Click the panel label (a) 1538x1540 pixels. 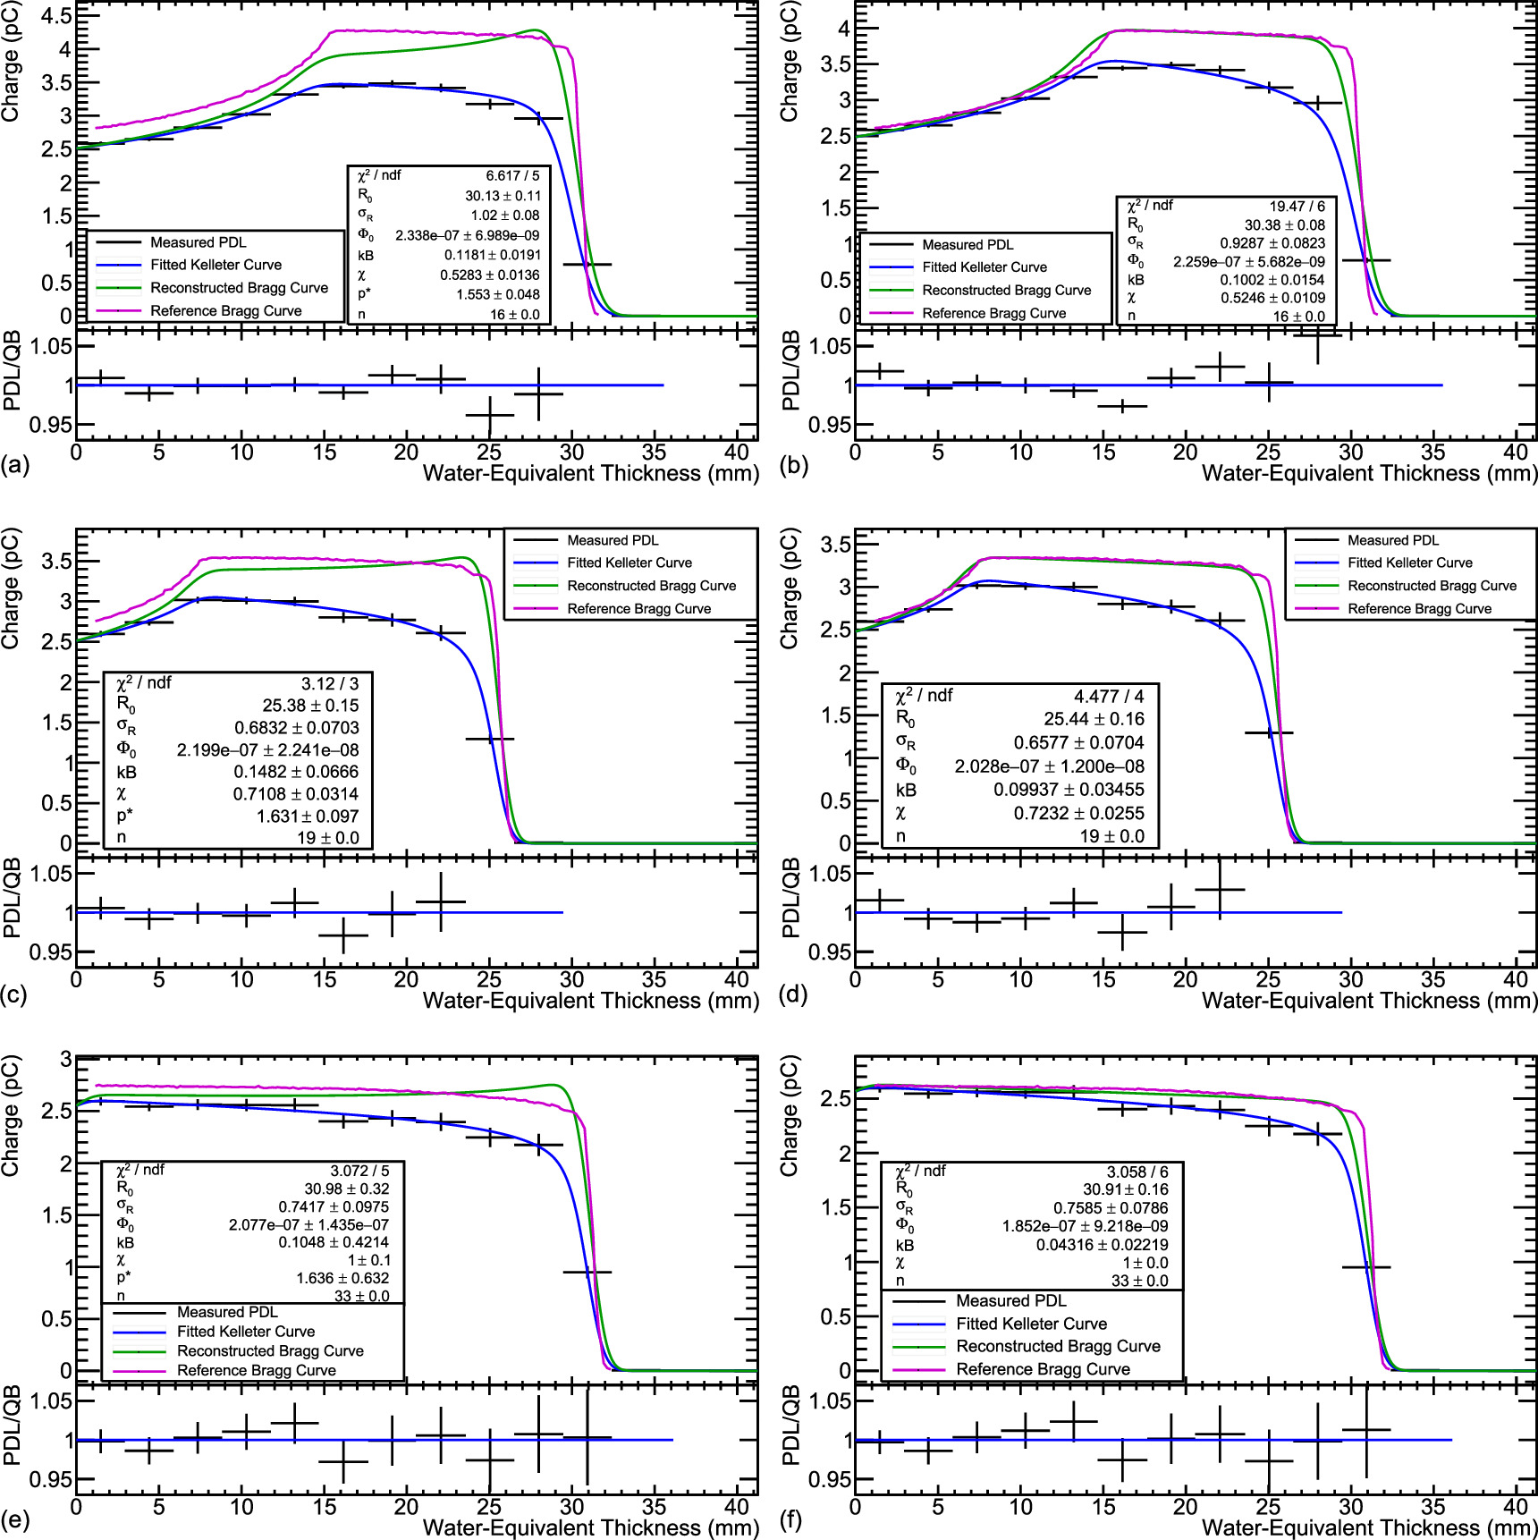pos(15,466)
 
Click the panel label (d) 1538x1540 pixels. pos(793,994)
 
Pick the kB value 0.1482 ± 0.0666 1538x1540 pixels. pos(296,772)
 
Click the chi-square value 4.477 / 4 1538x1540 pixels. pos(1108,696)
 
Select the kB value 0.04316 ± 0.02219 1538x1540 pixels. pos(1102,1245)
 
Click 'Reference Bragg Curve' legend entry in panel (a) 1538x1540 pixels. pos(225,311)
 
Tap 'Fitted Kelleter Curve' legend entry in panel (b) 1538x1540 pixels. pos(984,267)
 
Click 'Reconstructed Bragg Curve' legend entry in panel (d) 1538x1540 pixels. pos(1432,586)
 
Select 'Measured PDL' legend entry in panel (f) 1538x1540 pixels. pos(1010,1301)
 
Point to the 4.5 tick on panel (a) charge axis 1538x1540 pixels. pos(55,16)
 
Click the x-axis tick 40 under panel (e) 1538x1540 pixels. pos(736,1507)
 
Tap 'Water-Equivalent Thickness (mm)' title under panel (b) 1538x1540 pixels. pos(1369,473)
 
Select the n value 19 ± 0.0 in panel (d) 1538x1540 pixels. pos(1111,836)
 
